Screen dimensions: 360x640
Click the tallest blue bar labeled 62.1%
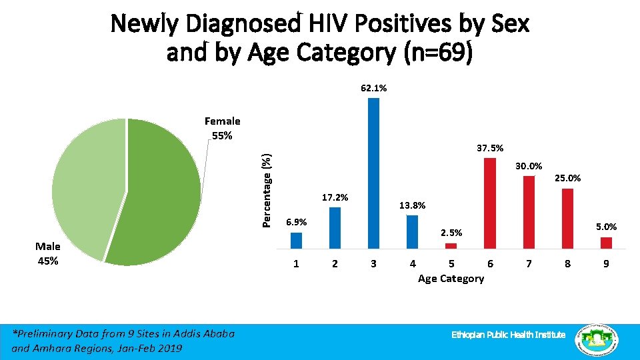coord(373,173)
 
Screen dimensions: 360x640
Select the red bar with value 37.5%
coord(490,203)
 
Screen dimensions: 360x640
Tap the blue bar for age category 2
coord(335,227)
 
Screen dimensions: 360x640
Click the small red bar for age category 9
coord(606,243)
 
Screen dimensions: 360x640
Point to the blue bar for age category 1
coord(297,240)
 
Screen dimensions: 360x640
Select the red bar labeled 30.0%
coord(529,211)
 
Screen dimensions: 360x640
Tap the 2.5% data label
coord(451,233)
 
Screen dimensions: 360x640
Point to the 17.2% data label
coord(335,197)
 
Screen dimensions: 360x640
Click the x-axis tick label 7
coord(529,264)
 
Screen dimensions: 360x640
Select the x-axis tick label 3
coord(373,264)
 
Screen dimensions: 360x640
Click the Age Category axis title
coord(451,279)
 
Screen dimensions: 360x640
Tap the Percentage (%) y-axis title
coord(267,190)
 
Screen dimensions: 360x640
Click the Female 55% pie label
coord(222,128)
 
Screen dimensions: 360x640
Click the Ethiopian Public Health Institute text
coord(508,334)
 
